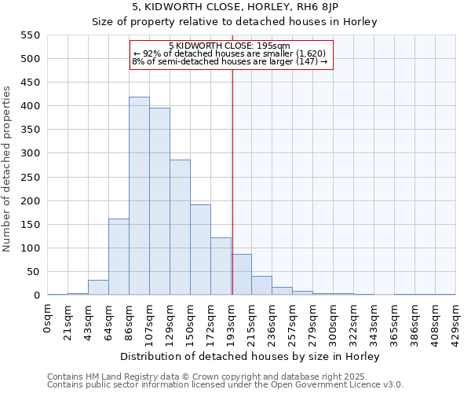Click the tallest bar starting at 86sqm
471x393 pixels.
coord(139,196)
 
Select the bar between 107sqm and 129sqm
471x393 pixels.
coord(159,202)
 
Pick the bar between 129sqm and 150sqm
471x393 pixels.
coord(180,228)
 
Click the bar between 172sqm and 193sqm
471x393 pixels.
coord(221,266)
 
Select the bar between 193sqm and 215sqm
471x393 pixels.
coord(241,275)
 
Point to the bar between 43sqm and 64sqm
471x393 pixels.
coord(98,288)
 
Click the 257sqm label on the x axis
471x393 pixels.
coord(293,318)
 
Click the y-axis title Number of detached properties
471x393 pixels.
coord(8,169)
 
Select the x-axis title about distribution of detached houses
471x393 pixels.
coord(251,356)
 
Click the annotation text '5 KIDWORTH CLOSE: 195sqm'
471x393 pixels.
coord(229,46)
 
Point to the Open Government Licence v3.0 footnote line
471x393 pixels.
coord(225,384)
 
